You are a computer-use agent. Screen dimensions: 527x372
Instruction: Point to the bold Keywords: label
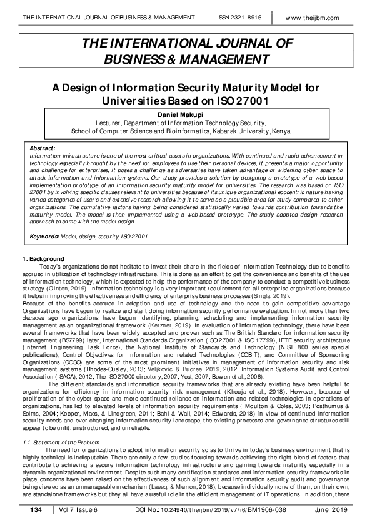pos(44,236)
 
